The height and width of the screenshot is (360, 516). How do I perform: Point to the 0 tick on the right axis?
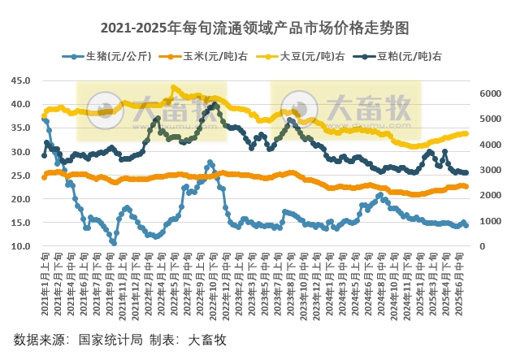(x=484, y=246)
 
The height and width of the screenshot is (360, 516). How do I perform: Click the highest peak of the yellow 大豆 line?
(x=174, y=88)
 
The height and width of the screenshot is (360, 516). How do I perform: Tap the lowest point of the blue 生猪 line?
(x=114, y=242)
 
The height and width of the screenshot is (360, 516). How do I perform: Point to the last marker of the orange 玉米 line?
(x=466, y=187)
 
